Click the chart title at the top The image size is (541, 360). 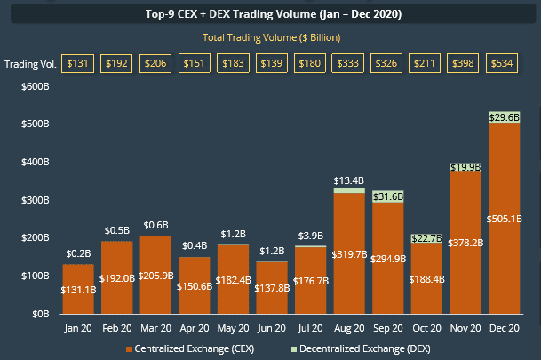tap(274, 14)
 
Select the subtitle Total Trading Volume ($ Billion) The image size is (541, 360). tap(271, 37)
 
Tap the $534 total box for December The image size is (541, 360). tap(502, 63)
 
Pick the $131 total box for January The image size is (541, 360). tap(77, 63)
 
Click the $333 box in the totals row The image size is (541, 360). tap(348, 63)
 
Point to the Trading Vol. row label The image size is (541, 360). tap(30, 64)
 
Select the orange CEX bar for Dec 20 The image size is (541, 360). tap(504, 218)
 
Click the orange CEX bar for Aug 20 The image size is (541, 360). tap(349, 253)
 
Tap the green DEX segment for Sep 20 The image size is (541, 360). tap(388, 196)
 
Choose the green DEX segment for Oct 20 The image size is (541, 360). tap(426, 238)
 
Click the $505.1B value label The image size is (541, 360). tap(504, 219)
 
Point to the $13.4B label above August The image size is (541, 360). tap(349, 180)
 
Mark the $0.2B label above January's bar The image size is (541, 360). tap(78, 253)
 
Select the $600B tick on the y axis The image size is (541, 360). tap(36, 86)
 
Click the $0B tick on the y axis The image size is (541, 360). tap(41, 314)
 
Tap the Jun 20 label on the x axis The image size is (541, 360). tap(272, 328)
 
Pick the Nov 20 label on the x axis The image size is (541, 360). tap(465, 328)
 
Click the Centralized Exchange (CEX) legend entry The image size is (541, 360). tap(190, 349)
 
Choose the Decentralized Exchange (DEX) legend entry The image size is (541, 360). tap(361, 349)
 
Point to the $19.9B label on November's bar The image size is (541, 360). tap(465, 167)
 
